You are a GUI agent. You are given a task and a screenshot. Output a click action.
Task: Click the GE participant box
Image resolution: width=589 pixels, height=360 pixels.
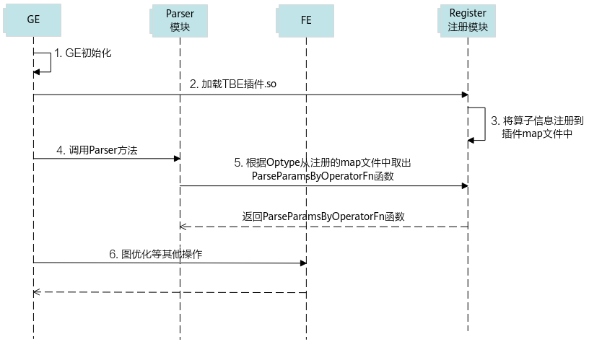click(32, 20)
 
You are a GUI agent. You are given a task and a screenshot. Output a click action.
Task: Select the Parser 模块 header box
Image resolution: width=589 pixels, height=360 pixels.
click(179, 21)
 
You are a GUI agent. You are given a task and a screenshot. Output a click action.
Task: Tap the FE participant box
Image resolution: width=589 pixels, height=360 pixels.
click(305, 21)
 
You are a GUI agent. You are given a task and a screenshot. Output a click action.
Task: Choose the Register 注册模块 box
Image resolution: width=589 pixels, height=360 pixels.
click(467, 21)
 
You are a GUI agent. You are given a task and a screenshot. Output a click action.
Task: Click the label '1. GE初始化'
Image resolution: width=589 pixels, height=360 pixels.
click(83, 53)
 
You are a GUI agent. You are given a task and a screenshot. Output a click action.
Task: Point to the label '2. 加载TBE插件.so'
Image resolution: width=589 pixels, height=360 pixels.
click(233, 84)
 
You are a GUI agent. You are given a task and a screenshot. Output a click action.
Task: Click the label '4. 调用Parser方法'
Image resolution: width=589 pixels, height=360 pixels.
click(97, 150)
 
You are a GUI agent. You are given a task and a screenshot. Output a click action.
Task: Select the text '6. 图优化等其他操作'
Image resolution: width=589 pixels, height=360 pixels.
click(155, 254)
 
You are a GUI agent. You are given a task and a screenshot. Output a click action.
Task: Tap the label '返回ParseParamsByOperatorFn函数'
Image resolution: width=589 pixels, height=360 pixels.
click(323, 216)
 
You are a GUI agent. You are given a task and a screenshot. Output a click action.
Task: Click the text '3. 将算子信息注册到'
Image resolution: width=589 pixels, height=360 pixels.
click(537, 120)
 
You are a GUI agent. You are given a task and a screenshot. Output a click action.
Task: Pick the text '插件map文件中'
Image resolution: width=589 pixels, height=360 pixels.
click(537, 133)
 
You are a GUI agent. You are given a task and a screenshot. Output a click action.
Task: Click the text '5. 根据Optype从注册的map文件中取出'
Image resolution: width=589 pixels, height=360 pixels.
click(323, 162)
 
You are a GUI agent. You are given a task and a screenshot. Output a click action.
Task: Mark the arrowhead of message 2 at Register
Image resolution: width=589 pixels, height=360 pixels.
click(465, 95)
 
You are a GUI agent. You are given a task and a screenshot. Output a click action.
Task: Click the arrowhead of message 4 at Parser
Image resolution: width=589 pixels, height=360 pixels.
click(178, 159)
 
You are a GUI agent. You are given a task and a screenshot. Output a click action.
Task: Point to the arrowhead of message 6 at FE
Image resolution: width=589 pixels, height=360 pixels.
click(303, 263)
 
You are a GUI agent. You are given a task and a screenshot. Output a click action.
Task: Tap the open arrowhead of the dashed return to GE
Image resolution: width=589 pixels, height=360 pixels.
click(36, 292)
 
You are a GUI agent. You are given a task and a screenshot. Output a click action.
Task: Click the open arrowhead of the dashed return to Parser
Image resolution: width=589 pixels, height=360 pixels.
click(183, 227)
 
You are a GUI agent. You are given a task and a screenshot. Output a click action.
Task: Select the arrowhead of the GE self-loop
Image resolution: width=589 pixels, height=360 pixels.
click(36, 71)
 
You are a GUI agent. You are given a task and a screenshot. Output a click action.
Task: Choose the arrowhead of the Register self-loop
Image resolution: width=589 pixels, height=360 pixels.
click(471, 141)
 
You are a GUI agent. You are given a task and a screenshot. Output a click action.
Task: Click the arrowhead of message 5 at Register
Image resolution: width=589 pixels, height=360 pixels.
click(465, 186)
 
